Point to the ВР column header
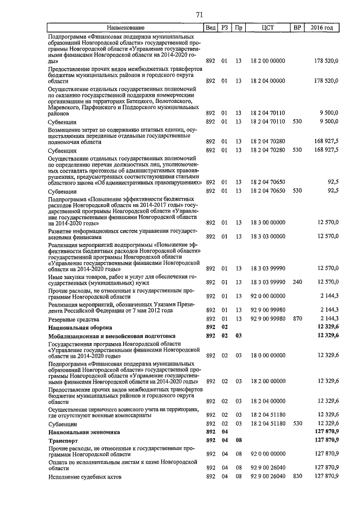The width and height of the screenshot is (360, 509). pyautogui.click(x=298, y=28)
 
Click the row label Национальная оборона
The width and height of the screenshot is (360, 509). pyautogui.click(x=80, y=327)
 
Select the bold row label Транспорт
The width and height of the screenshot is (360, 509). pyautogui.click(x=64, y=441)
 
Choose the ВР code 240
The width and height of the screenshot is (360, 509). pyautogui.click(x=298, y=282)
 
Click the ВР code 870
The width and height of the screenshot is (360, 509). pyautogui.click(x=298, y=319)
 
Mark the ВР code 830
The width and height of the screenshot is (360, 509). pyautogui.click(x=298, y=476)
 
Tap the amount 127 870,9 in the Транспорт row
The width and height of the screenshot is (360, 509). pyautogui.click(x=326, y=441)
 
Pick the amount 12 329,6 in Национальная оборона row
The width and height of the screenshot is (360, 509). pyautogui.click(x=327, y=327)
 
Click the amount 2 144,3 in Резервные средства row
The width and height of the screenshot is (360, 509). pyautogui.click(x=329, y=319)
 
